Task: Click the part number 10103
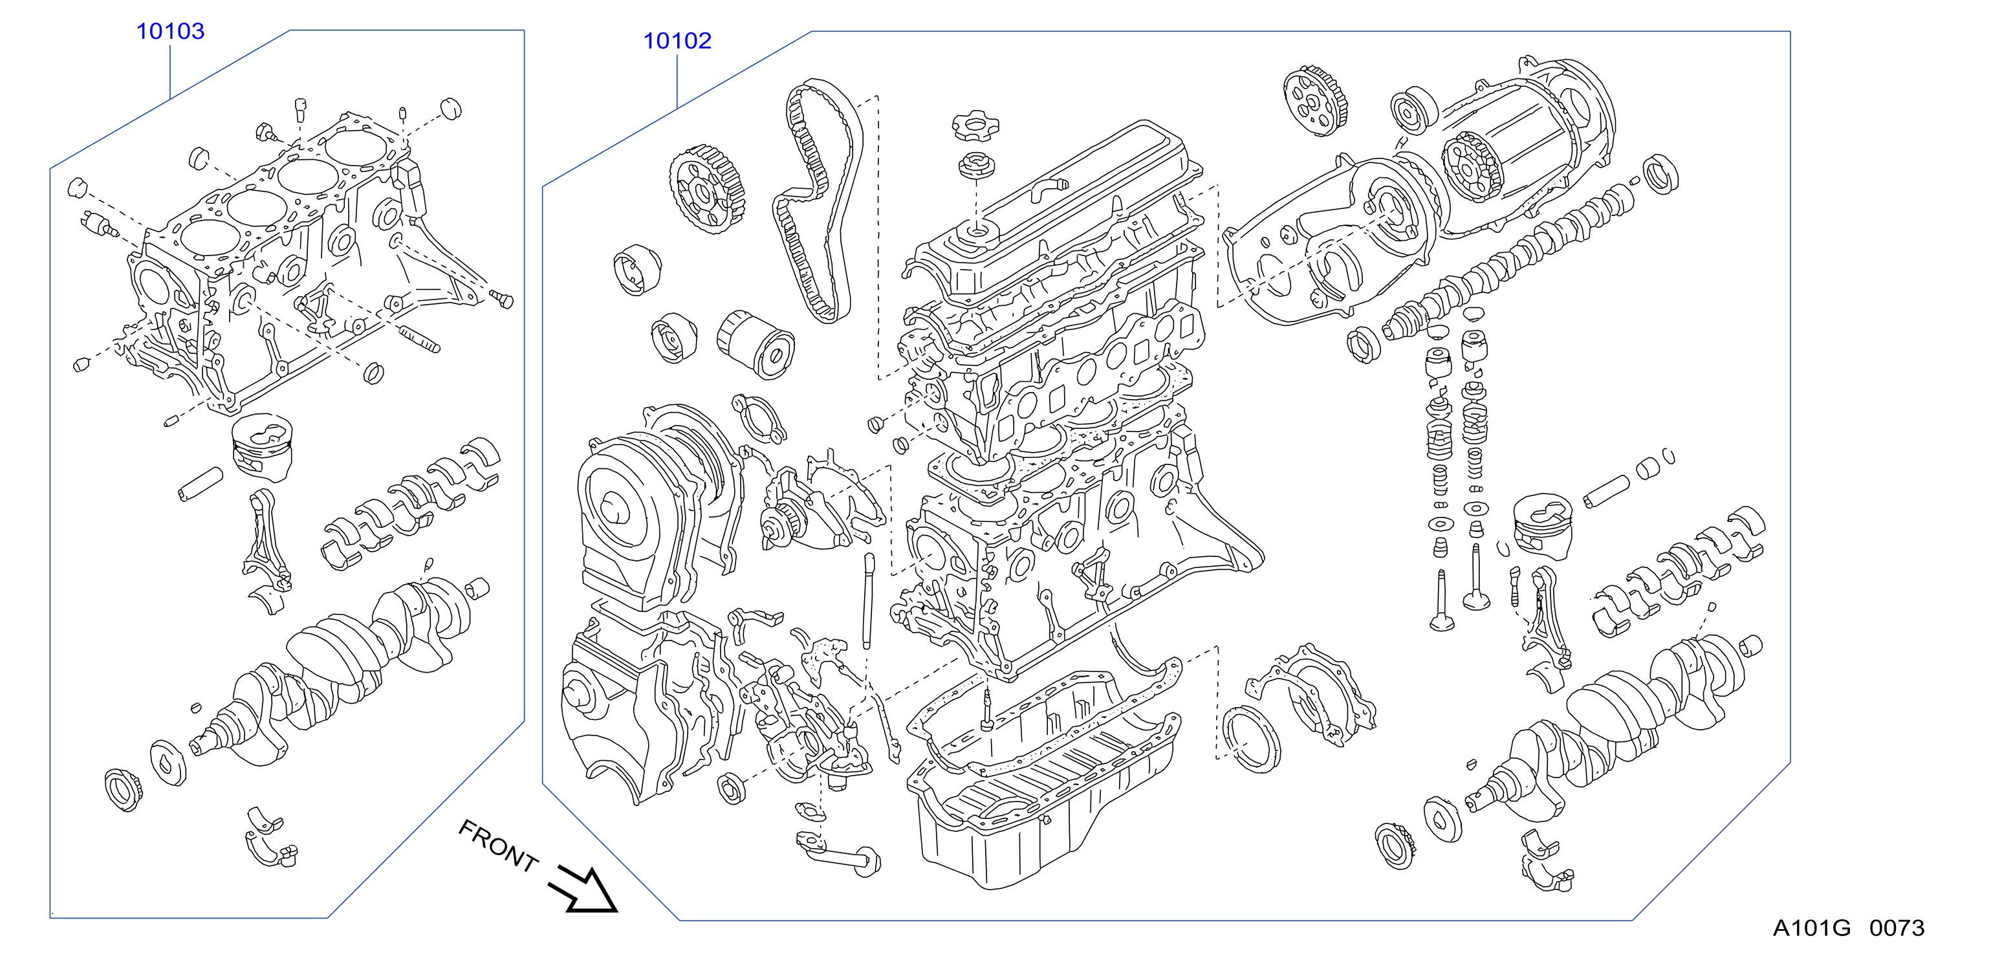click(170, 31)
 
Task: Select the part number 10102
click(677, 40)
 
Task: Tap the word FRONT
click(498, 845)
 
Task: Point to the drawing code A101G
click(1811, 928)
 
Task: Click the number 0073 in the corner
click(1897, 928)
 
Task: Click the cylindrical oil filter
click(755, 344)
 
